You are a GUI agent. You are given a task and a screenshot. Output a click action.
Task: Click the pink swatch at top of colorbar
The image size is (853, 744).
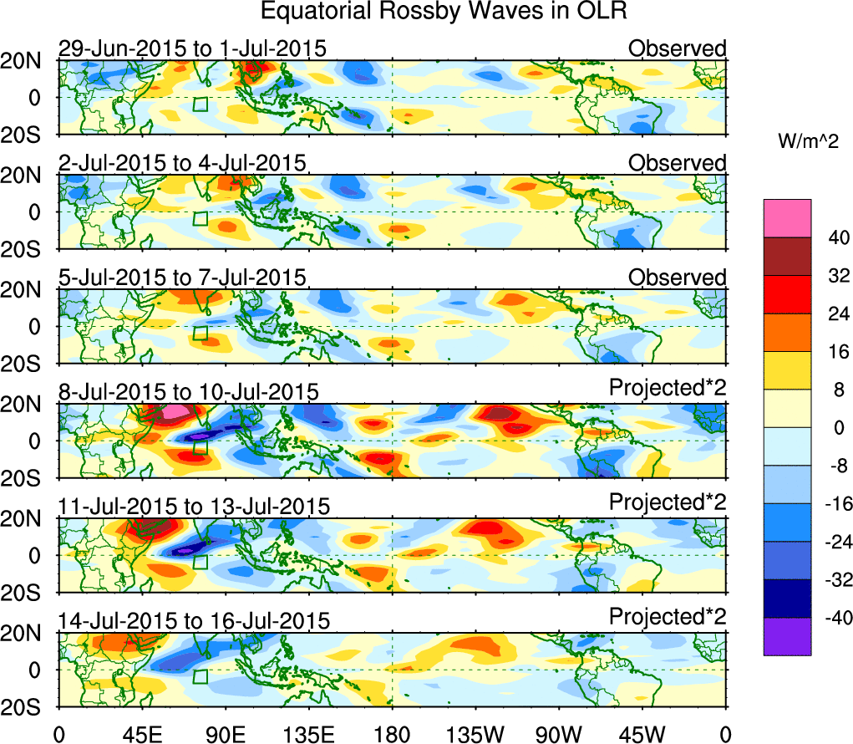click(786, 218)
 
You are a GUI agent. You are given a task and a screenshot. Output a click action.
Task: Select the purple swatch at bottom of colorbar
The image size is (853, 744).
click(786, 636)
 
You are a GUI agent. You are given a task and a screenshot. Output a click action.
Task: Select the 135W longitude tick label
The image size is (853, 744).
click(475, 735)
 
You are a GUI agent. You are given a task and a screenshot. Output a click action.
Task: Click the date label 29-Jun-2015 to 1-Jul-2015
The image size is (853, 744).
click(191, 48)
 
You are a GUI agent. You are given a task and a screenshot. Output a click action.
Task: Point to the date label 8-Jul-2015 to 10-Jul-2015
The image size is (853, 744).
click(188, 391)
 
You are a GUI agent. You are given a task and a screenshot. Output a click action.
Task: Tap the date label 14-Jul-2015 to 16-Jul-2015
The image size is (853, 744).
click(194, 620)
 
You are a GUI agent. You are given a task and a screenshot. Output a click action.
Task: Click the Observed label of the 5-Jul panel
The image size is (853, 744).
click(678, 277)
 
